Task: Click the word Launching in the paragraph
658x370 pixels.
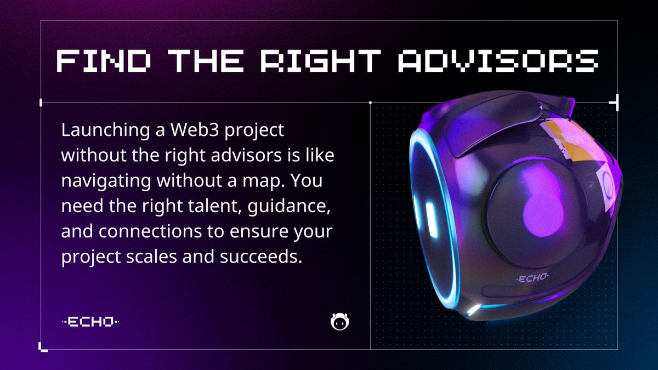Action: [x=94, y=131]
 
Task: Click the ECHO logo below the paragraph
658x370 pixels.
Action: [x=90, y=322]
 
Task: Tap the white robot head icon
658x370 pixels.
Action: [x=341, y=322]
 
